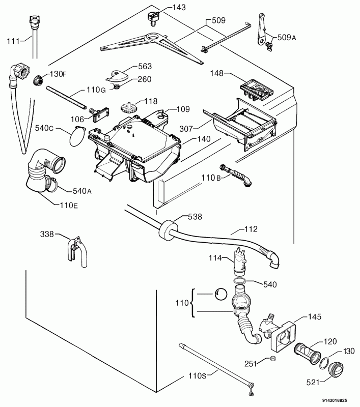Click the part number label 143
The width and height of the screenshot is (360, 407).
pyautogui.click(x=179, y=7)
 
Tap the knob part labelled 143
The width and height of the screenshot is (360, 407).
pyautogui.click(x=153, y=18)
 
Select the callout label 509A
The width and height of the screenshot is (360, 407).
pyautogui.click(x=287, y=37)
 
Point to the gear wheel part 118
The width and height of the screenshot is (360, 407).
pyautogui.click(x=128, y=108)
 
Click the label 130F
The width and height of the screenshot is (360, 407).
pyautogui.click(x=58, y=74)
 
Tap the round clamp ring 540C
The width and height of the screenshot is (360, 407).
pyautogui.click(x=77, y=137)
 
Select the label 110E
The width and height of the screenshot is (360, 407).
pyautogui.click(x=69, y=206)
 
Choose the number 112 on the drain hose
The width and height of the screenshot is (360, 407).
pyautogui.click(x=251, y=229)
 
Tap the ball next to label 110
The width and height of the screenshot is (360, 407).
pyautogui.click(x=221, y=294)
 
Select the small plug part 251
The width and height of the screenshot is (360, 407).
pyautogui.click(x=273, y=359)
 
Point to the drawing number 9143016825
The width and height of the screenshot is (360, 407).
pyautogui.click(x=335, y=400)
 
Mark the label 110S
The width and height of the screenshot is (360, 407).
pyautogui.click(x=198, y=375)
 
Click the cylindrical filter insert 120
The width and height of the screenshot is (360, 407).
pyautogui.click(x=307, y=353)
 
